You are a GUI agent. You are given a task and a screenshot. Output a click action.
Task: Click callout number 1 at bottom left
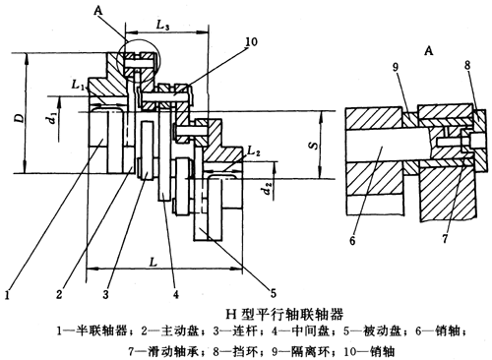pos(8,291)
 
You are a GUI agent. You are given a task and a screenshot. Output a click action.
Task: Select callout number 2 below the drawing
pos(59,293)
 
